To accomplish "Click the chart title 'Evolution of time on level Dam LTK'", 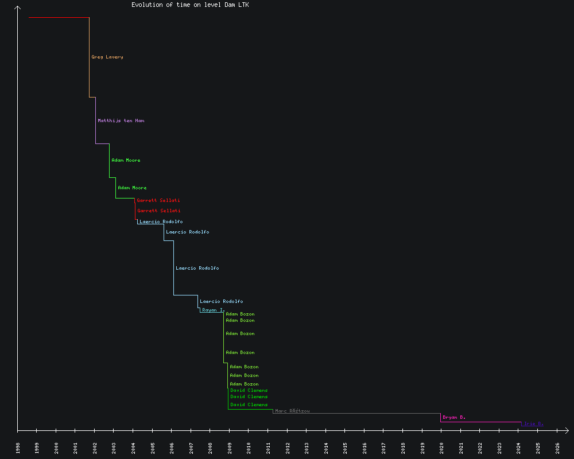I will pyautogui.click(x=190, y=5).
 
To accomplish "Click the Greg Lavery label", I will pyautogui.click(x=107, y=57).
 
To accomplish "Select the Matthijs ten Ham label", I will pyautogui.click(x=121, y=120).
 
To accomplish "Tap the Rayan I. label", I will pyautogui.click(x=213, y=310).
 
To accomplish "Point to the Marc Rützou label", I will pyautogui.click(x=292, y=411).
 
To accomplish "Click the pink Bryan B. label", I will pyautogui.click(x=454, y=417).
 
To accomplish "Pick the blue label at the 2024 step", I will pyautogui.click(x=533, y=424).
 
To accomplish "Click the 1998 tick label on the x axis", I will pyautogui.click(x=18, y=448).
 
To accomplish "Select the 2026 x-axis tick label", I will pyautogui.click(x=557, y=448).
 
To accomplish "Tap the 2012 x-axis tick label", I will pyautogui.click(x=288, y=448).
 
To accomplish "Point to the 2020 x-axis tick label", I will pyautogui.click(x=442, y=448).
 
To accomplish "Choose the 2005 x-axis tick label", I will pyautogui.click(x=153, y=448).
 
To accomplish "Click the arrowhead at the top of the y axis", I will pyautogui.click(x=18, y=8).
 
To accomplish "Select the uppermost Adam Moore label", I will pyautogui.click(x=126, y=160).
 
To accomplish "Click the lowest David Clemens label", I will pyautogui.click(x=249, y=404).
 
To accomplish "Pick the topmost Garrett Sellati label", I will pyautogui.click(x=158, y=200).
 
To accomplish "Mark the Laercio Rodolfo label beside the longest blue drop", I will pyautogui.click(x=197, y=268).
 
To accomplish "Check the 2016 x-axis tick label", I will pyautogui.click(x=364, y=448).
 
